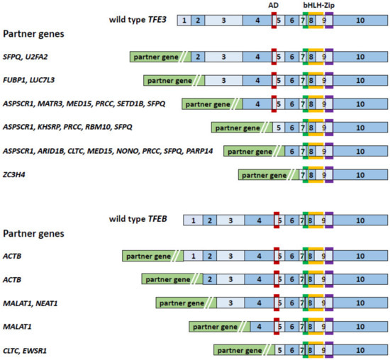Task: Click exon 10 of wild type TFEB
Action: click(360, 220)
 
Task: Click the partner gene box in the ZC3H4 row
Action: click(264, 174)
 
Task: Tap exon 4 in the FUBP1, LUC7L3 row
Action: click(256, 80)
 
